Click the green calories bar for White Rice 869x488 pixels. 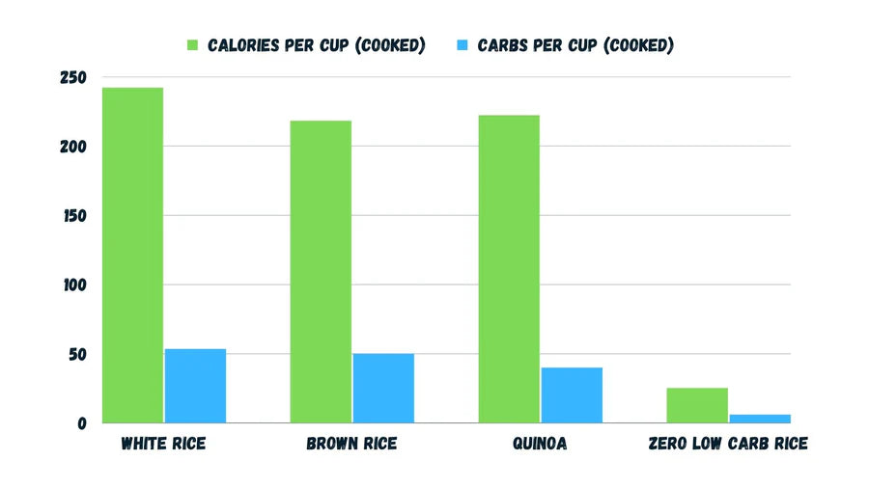pos(133,256)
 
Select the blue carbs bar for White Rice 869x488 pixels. pos(195,386)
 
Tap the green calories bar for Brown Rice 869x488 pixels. pos(321,272)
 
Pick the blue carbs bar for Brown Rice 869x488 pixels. pos(383,388)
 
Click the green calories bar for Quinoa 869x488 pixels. pos(509,269)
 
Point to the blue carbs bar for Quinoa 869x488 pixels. pos(572,394)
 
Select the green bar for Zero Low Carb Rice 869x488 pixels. pos(697,405)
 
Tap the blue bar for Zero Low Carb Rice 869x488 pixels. pos(759,419)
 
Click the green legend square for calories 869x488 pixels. pos(192,45)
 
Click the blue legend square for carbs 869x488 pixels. pos(462,45)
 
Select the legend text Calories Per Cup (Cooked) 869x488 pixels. pos(317,45)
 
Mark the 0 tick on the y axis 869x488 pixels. pos(82,423)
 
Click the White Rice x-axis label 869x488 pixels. pos(163,445)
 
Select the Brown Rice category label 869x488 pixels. pos(351,445)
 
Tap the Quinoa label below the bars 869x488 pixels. pos(540,445)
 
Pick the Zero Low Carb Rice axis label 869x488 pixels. pos(728,445)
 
